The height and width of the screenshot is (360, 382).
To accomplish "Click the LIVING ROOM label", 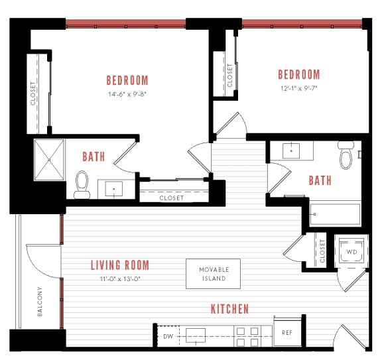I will click(119, 265).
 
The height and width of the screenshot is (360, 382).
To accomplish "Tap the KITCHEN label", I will click(229, 309).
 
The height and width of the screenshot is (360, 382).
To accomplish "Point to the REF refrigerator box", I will click(287, 333).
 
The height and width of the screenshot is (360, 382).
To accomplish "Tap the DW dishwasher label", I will click(168, 337).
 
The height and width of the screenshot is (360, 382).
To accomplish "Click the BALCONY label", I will click(40, 302).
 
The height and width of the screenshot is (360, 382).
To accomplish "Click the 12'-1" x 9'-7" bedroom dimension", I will click(298, 88).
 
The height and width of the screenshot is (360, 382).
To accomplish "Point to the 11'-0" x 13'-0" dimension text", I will click(119, 278).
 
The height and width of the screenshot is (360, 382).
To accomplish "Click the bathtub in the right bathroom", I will click(336, 215).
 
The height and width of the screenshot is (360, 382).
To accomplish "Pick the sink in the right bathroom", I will click(292, 151).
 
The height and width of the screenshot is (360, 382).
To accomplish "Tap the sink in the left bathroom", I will click(114, 189).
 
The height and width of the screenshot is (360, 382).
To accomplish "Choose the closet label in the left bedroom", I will click(33, 93).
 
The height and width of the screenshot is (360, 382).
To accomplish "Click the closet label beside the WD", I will click(323, 252).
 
